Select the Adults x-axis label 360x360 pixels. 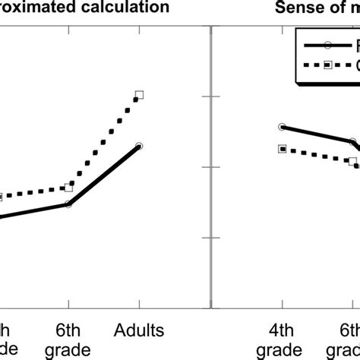(x=139, y=330)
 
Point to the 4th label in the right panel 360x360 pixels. (x=282, y=330)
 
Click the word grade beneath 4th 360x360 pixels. (x=282, y=350)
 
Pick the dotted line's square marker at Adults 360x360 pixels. (x=139, y=95)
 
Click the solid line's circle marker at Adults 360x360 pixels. (x=139, y=145)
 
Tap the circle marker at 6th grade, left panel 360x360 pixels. (x=69, y=204)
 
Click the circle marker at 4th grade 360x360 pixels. (x=282, y=127)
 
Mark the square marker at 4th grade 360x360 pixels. (x=282, y=150)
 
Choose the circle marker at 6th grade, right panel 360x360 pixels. (x=352, y=142)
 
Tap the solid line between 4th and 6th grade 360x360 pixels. (x=317, y=134)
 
